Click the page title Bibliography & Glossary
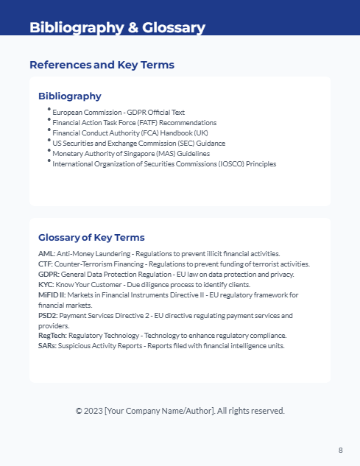click(117, 28)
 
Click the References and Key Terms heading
click(102, 65)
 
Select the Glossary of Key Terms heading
click(91, 237)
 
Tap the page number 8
click(340, 450)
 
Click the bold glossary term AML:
click(46, 253)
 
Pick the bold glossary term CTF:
click(46, 264)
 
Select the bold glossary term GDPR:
click(49, 274)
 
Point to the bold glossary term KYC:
click(46, 284)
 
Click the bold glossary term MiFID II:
click(52, 294)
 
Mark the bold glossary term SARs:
click(47, 346)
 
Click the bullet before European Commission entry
click(49, 109)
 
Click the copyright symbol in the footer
click(79, 411)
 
